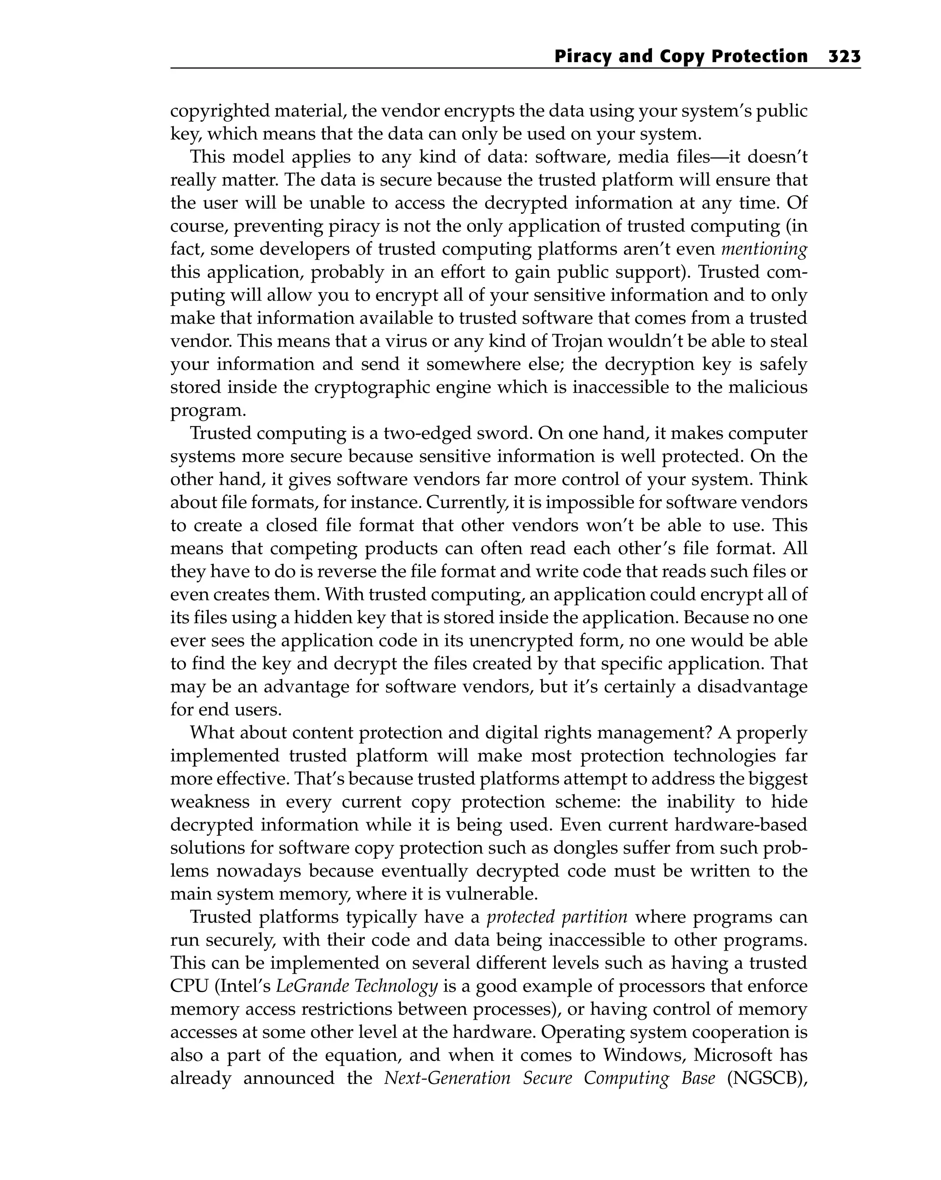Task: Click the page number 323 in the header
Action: (844, 57)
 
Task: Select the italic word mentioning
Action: (764, 249)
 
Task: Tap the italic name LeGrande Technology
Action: (356, 986)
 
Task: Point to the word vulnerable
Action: (492, 894)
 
